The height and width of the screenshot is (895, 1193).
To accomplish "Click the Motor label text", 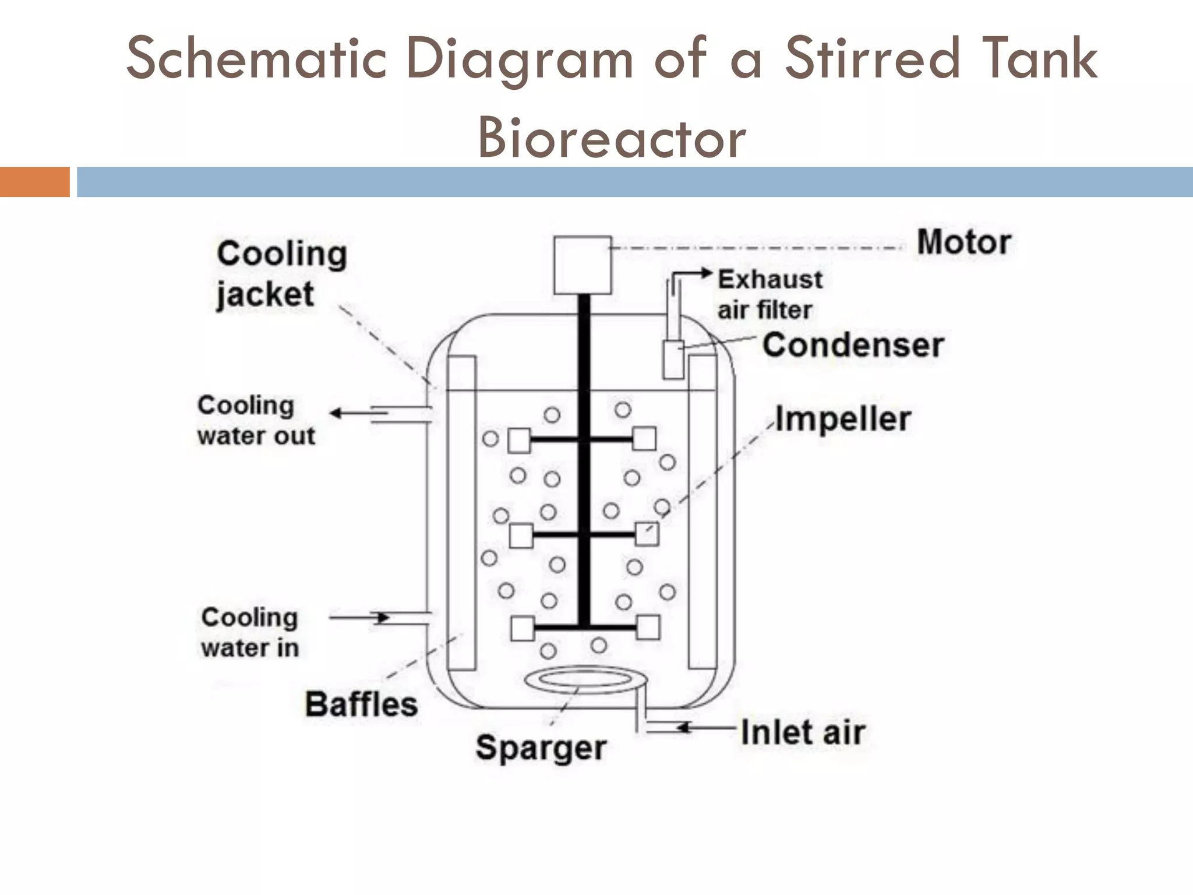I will point(963,242).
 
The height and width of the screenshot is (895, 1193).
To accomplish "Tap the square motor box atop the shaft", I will point(582,265).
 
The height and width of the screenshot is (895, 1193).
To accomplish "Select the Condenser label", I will point(853,345).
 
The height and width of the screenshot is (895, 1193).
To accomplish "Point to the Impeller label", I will point(843,419).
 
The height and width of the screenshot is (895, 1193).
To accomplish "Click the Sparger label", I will point(541,748).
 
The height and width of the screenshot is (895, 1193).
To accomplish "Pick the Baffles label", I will point(361,704).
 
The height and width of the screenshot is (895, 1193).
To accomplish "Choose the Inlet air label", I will point(803,732).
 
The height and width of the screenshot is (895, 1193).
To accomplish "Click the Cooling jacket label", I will point(282,274).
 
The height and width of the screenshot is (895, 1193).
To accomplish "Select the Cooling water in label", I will point(250,633).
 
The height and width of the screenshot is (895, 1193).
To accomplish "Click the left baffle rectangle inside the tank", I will point(461,513).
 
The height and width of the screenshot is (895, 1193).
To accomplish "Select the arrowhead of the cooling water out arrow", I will point(336,413).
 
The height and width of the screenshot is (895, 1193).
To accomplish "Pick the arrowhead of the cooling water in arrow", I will point(383,617).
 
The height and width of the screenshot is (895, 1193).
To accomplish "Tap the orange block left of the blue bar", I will point(34,182).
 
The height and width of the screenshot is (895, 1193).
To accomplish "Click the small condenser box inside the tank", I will point(673,360).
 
